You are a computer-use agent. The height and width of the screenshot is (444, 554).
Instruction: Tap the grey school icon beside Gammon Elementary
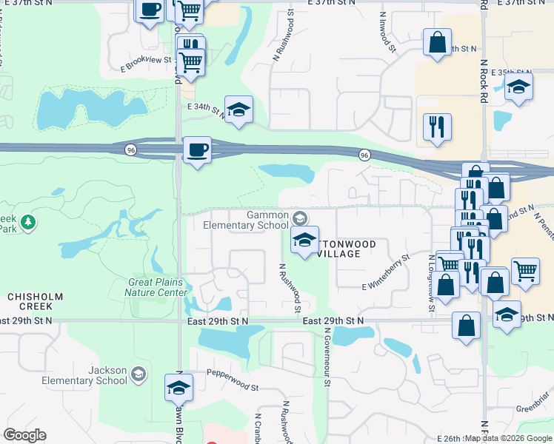coord(299,218)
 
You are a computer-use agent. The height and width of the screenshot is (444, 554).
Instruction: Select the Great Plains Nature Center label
coord(157,286)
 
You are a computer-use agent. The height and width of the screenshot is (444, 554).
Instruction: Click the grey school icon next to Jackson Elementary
coord(138,374)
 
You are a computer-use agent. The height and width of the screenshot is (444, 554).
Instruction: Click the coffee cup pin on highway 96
coord(196,150)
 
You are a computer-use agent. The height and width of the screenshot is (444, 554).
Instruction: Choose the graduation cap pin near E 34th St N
coord(238,110)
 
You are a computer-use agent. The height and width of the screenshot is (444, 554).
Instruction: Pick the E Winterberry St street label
coord(386,273)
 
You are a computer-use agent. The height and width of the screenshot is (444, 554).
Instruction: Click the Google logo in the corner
coord(24,435)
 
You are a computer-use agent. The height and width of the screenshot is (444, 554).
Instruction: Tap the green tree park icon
coord(28,221)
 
